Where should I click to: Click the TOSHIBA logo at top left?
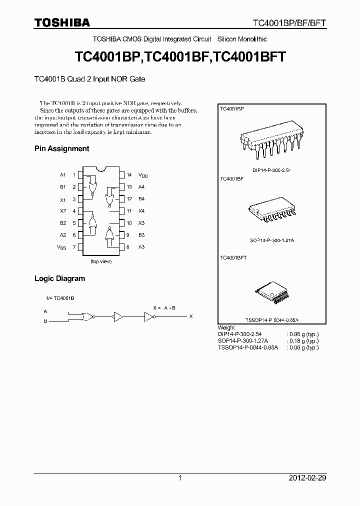click(x=62, y=23)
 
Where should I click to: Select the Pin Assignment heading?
click(x=61, y=148)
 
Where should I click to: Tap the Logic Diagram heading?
click(x=59, y=278)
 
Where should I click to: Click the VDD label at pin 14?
click(x=143, y=175)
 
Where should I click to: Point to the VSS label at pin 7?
click(x=61, y=247)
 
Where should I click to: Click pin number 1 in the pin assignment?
click(x=74, y=175)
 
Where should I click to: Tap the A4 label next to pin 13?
click(x=141, y=187)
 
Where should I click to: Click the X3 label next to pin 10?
click(x=141, y=223)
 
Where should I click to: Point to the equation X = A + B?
click(x=164, y=307)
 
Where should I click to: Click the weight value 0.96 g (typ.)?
click(x=303, y=334)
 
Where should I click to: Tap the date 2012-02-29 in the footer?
click(x=307, y=478)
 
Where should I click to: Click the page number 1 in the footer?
click(x=180, y=478)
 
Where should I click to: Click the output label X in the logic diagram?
click(x=190, y=316)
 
